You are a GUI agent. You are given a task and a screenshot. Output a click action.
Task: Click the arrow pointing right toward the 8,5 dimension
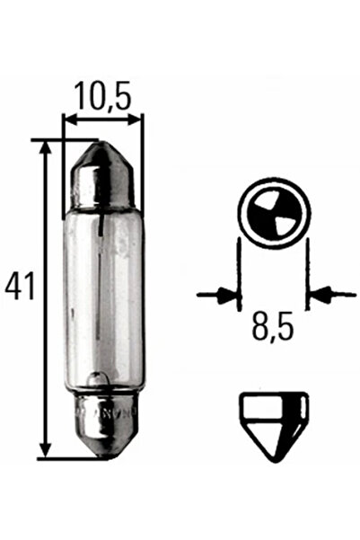[x=215, y=293]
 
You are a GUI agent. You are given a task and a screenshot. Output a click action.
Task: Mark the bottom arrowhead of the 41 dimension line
[x=43, y=453]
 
